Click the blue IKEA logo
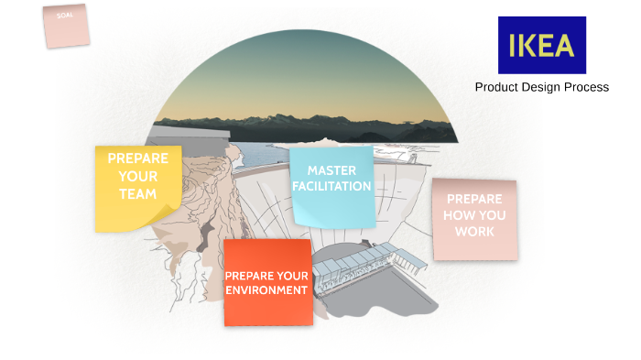(541, 45)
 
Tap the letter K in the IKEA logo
(531, 45)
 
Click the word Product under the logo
(497, 87)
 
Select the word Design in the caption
(543, 87)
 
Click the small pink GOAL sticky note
(66, 25)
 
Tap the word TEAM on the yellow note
(137, 194)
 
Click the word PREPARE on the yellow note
(137, 158)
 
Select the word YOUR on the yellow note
(137, 176)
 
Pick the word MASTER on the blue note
(331, 170)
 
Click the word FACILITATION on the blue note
(331, 186)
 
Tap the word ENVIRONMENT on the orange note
(267, 290)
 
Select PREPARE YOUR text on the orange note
(267, 275)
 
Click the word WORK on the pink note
(474, 232)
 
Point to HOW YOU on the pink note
(474, 215)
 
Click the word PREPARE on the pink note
(474, 199)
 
